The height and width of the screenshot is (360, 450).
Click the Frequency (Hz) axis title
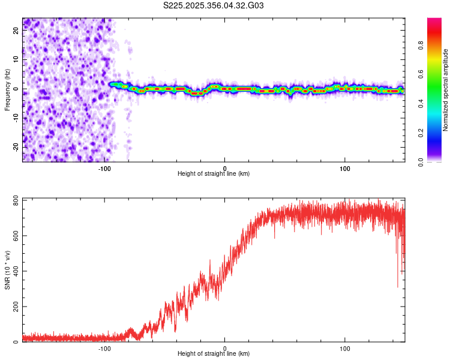coord(7,90)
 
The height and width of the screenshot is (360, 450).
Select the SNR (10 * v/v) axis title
coord(7,270)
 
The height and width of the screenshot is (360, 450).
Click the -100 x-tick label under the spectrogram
coord(104,168)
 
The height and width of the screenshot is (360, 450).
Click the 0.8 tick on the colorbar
coord(420,44)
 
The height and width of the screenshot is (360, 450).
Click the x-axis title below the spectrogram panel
coord(214,174)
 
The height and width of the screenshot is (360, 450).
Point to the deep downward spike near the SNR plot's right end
coord(397,285)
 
